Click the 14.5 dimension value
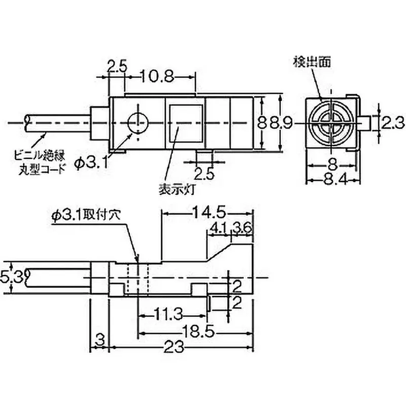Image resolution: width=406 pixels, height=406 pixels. pos(208,212)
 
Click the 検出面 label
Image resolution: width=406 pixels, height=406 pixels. pos(312,62)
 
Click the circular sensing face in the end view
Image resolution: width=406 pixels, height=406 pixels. pos(327,122)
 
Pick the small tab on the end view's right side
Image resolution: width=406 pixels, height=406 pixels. pos(365,123)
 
